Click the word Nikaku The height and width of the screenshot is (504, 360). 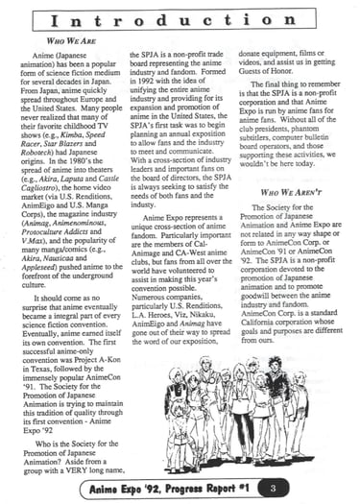(191, 344)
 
